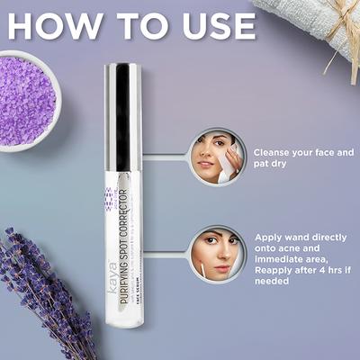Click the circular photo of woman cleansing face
point(215,157)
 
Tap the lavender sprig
point(45,288)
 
